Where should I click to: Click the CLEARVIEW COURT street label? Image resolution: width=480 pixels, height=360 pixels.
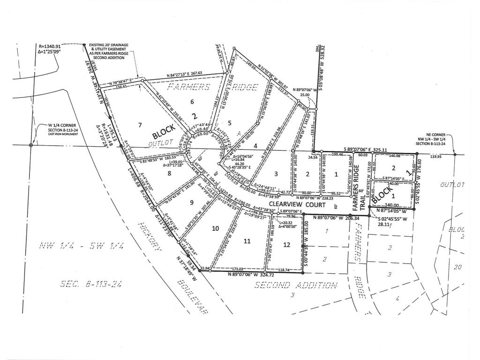(307, 204)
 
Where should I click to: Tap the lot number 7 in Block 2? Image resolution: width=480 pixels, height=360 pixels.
(140, 125)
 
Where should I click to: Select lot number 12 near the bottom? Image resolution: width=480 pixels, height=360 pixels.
(286, 244)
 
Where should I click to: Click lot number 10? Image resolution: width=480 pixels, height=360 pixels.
(215, 228)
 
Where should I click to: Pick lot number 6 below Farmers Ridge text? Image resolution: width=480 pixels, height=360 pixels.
(192, 102)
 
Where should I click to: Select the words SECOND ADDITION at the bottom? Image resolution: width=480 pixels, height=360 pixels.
(295, 285)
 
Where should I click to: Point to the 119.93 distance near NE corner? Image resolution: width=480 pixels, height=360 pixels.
(436, 157)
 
